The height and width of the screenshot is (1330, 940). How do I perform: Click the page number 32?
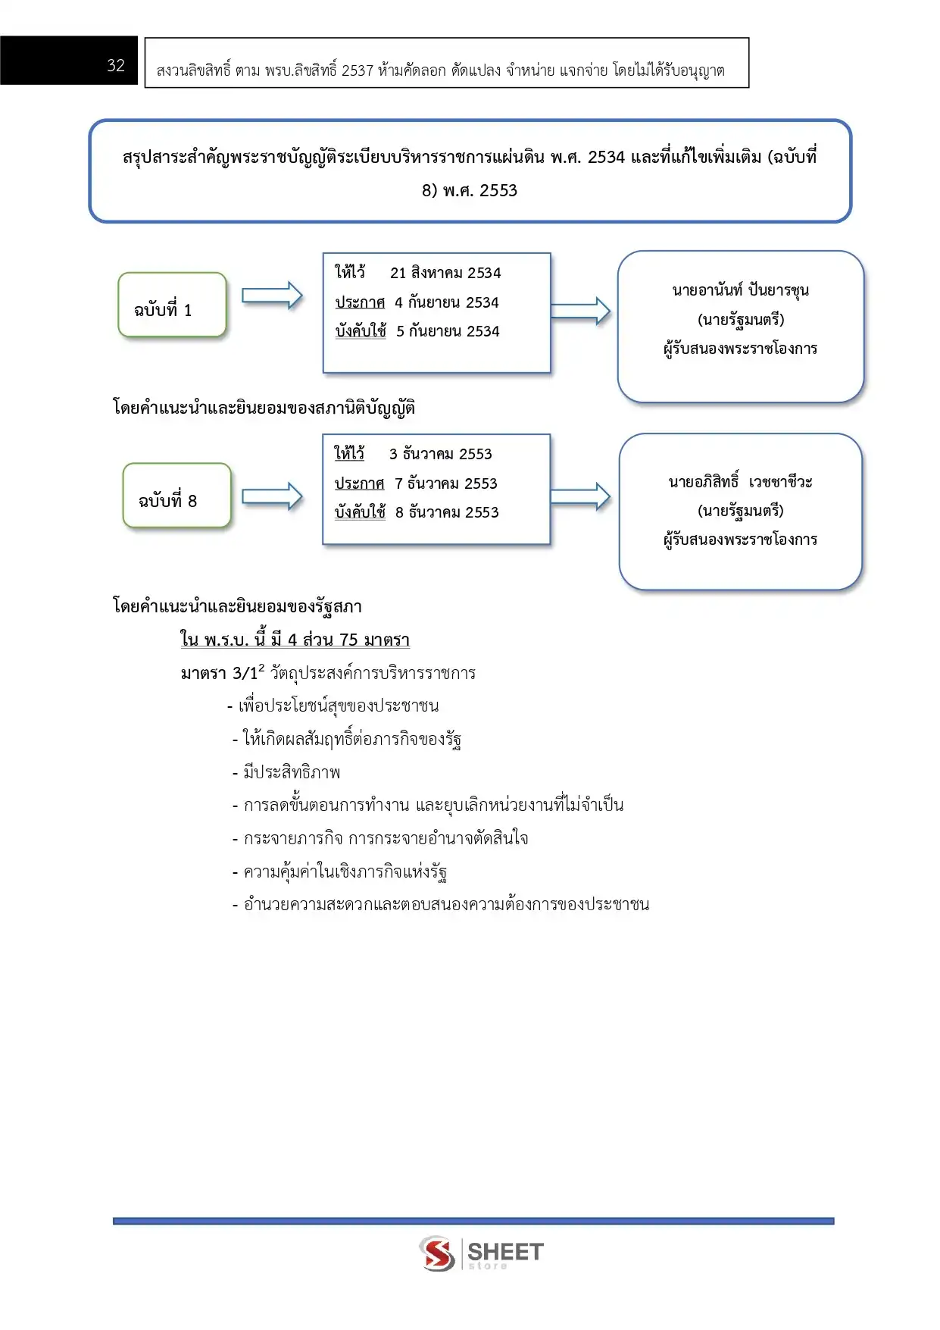coord(116,65)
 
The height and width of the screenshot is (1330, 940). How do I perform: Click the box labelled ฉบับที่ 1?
coord(172,305)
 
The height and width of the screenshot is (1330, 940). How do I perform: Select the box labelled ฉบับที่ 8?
coord(176,496)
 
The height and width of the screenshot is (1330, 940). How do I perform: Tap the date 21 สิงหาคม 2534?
coord(445,273)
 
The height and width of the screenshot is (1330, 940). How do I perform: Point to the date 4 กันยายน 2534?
coord(446,302)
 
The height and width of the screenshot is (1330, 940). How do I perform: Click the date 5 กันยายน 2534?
coord(448,331)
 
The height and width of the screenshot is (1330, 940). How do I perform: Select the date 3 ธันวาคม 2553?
coord(440,454)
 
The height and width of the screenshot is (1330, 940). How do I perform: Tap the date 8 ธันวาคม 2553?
coord(447,512)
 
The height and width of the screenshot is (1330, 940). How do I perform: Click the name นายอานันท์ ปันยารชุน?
coord(740,290)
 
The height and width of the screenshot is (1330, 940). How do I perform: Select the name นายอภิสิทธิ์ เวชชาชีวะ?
coord(740,482)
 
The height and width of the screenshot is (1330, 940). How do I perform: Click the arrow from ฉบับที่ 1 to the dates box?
coord(272,296)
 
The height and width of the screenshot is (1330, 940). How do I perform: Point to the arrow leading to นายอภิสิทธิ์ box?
coord(580,496)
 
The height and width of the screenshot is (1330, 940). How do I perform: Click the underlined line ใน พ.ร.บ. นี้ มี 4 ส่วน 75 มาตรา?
coord(295,640)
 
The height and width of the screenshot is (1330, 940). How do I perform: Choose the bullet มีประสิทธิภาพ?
coord(292,772)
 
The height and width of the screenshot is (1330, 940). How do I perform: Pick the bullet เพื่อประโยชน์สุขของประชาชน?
coord(338,706)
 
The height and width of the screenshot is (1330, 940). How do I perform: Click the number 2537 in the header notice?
coord(358,70)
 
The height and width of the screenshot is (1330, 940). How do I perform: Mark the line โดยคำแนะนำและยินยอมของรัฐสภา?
coord(237,606)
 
